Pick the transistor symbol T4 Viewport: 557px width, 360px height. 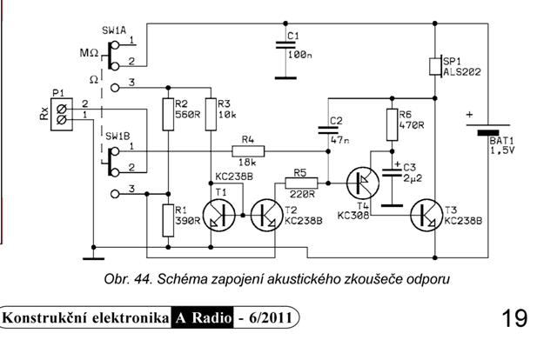click(363, 183)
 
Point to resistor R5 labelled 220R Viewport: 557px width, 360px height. click(300, 183)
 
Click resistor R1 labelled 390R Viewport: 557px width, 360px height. click(166, 219)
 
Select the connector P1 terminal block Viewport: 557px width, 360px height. click(61, 110)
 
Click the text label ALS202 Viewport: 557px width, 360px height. click(464, 74)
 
